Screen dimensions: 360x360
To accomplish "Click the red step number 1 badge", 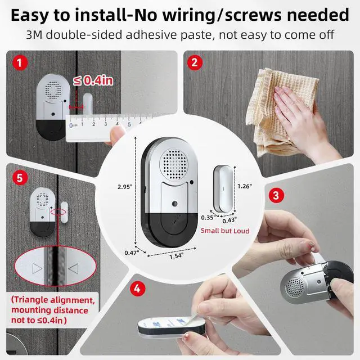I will [20, 62].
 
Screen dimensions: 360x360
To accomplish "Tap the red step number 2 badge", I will [193, 62].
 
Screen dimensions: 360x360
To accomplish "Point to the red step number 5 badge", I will [20, 178].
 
